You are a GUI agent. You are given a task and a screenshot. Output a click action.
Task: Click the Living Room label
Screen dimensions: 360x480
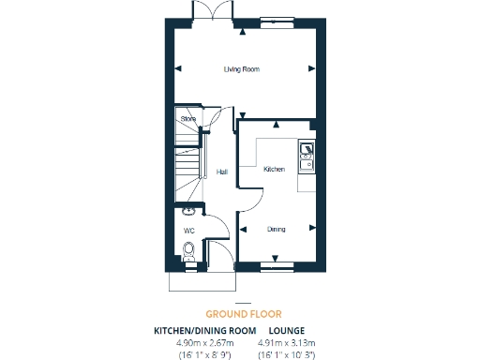coord(241,69)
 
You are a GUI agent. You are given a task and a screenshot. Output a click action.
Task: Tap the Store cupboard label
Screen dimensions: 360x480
coord(187,119)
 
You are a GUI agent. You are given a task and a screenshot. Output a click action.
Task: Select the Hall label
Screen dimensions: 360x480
coord(222,172)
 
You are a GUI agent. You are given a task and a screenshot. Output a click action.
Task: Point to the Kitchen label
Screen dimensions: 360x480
coord(274,169)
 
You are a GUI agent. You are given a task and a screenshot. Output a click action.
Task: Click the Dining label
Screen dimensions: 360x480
coord(276,229)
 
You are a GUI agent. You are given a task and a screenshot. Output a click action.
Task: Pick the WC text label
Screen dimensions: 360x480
coord(188,230)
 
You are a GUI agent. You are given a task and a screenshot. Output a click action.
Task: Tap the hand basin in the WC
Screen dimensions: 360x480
coord(188,211)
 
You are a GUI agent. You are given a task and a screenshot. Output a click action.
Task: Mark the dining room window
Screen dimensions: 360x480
coord(275,268)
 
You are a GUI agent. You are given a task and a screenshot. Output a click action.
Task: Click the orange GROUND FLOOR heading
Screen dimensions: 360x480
coord(243,314)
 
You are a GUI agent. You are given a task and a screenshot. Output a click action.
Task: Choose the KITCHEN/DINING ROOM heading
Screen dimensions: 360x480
coord(204,331)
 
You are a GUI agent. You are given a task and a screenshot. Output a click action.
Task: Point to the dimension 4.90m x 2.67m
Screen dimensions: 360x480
coord(204,343)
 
